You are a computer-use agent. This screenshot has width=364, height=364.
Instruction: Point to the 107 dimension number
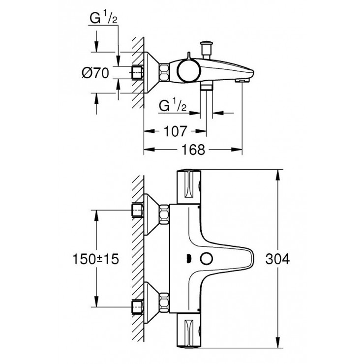(x=175, y=131)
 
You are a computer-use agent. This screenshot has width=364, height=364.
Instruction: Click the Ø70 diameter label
(x=95, y=74)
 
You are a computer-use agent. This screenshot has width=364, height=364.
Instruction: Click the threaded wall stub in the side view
(x=138, y=72)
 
